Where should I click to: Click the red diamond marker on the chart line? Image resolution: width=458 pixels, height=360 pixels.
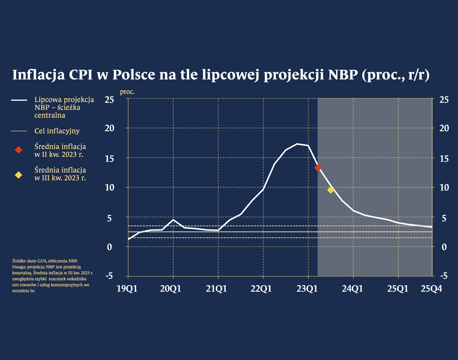click(318, 167)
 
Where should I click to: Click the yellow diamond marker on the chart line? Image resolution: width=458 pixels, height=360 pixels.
click(331, 190)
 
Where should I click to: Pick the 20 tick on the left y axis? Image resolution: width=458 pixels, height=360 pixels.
click(109, 128)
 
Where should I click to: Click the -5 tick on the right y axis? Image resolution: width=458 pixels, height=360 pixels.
click(443, 276)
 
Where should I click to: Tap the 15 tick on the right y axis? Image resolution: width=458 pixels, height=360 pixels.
click(444, 158)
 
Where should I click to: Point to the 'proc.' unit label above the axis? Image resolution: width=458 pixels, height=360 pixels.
click(127, 91)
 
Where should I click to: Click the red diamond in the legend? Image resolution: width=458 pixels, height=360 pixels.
click(18, 150)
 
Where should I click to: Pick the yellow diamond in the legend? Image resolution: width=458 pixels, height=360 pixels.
click(18, 175)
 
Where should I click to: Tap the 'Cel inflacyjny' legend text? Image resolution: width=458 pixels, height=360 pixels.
click(57, 131)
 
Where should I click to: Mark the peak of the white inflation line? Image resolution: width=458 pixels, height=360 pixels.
click(298, 144)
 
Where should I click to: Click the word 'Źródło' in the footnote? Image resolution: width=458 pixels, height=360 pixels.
click(19, 261)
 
